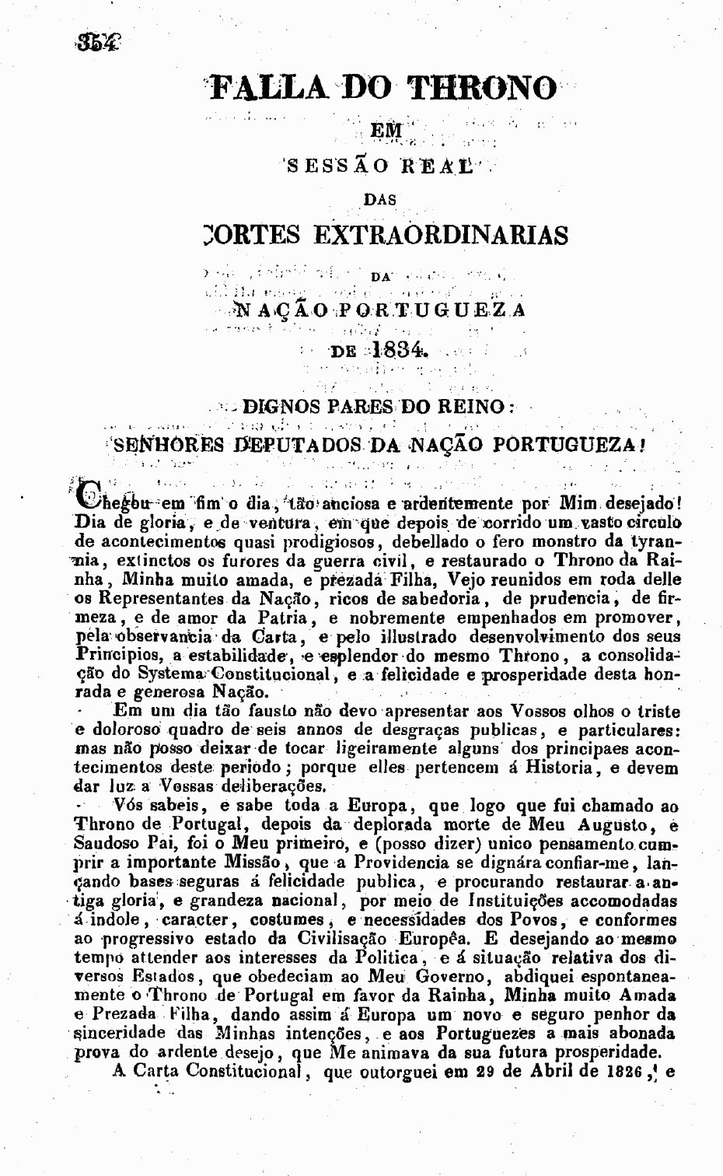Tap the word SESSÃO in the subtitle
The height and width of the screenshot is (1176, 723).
point(325,165)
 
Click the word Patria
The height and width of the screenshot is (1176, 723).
point(282,618)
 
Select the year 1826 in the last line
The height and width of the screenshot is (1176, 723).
point(618,1071)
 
